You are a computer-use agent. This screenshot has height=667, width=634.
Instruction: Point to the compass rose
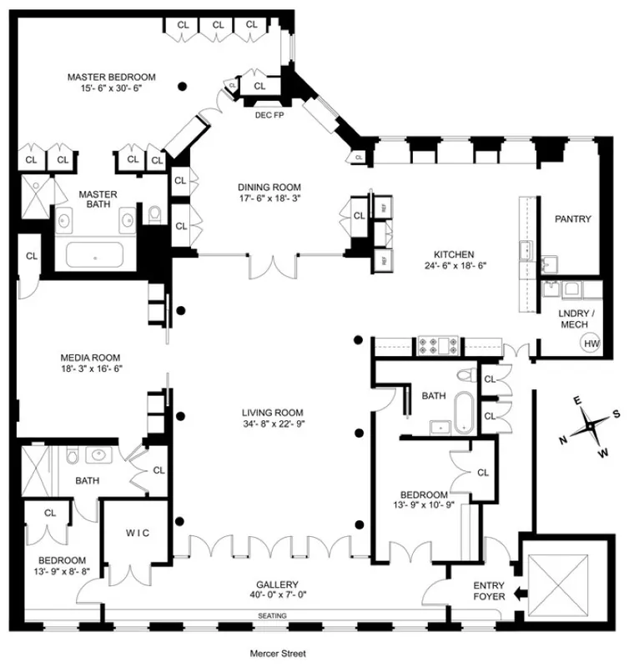(x=591, y=425)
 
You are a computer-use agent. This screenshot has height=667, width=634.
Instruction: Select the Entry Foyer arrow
(x=519, y=595)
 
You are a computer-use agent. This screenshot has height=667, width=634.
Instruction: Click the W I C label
(x=138, y=533)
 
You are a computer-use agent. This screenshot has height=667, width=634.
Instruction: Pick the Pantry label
(x=573, y=219)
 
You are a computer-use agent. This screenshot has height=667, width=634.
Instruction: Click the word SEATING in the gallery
(x=273, y=616)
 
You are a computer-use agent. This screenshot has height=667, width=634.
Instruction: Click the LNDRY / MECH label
(x=572, y=318)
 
